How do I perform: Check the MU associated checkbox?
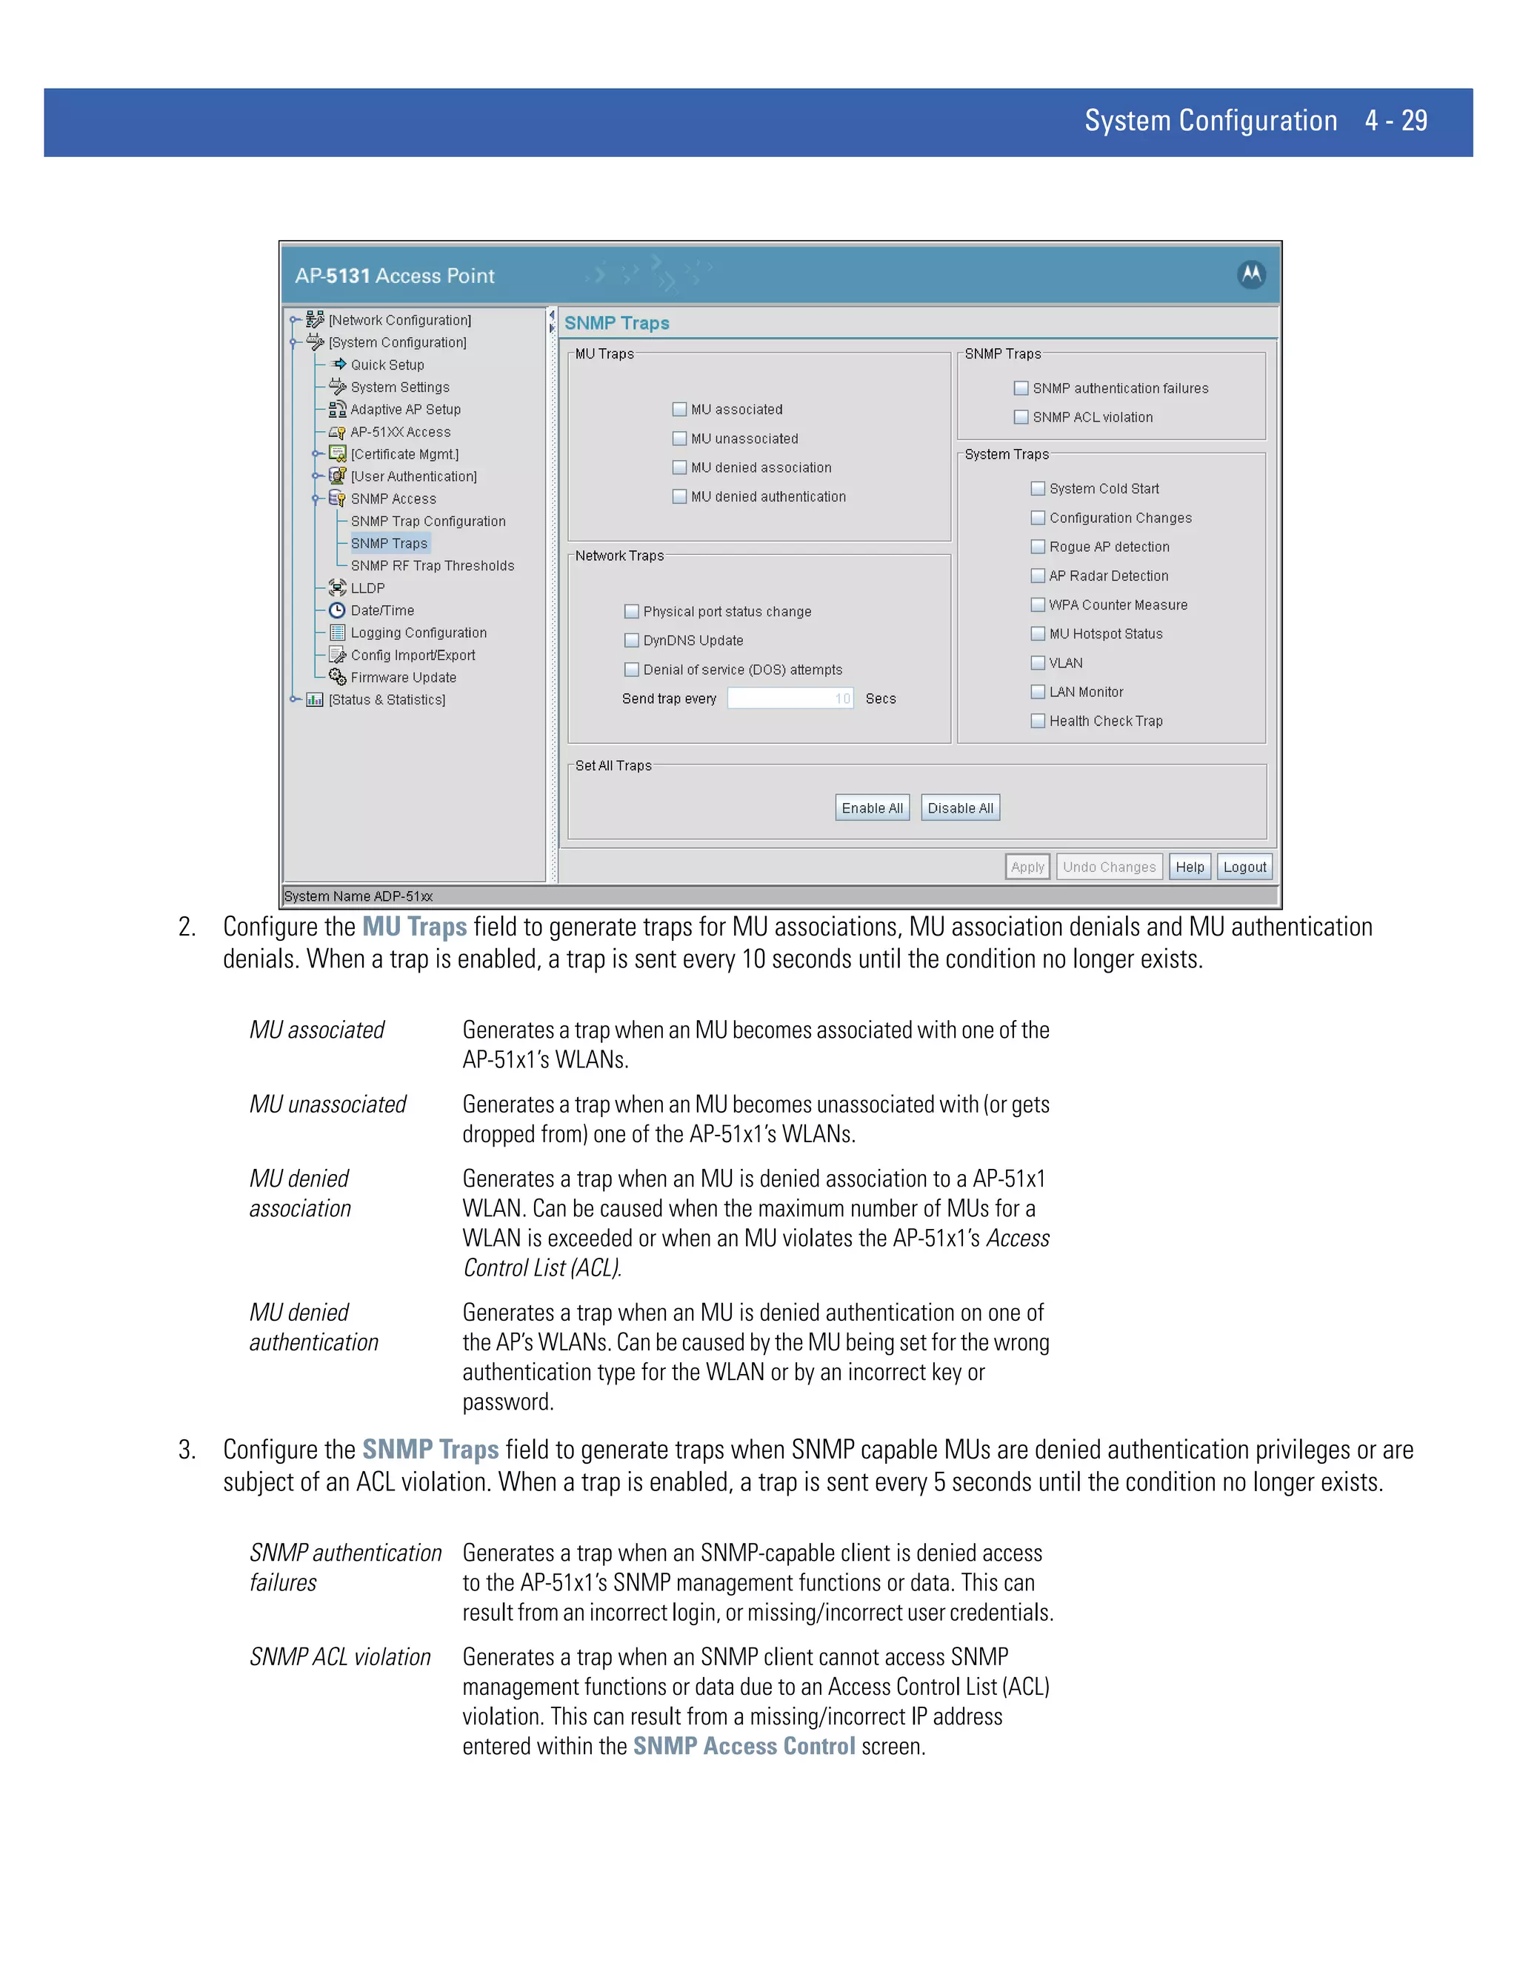tap(679, 410)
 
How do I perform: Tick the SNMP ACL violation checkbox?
tap(1021, 417)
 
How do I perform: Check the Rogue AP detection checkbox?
tap(1038, 547)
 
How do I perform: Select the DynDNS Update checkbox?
tap(632, 641)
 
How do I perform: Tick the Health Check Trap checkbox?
tap(1038, 721)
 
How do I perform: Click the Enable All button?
tap(872, 808)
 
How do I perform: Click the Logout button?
tap(1244, 867)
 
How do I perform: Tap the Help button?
tap(1189, 867)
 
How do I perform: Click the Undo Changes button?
tap(1109, 867)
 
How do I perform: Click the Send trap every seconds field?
tap(789, 699)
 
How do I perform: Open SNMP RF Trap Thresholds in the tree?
tap(433, 565)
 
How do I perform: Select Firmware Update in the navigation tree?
tap(403, 678)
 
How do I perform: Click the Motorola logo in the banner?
tap(1251, 274)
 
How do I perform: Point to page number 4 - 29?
tap(1396, 121)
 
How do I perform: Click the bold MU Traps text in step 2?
tap(414, 927)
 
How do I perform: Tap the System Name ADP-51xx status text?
tap(359, 896)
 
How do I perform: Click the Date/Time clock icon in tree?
tap(338, 610)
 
